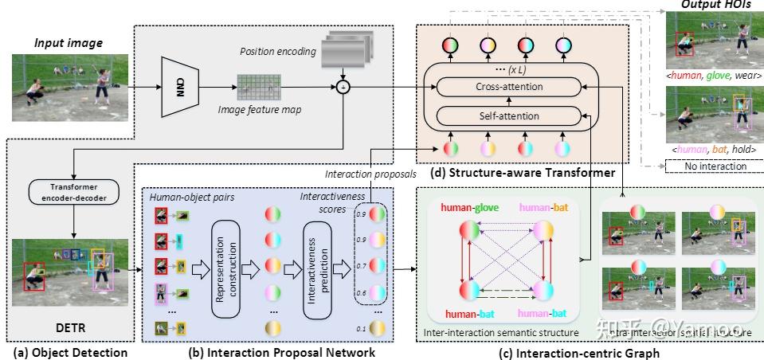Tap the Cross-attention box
pos(508,85)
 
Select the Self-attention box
pos(508,116)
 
